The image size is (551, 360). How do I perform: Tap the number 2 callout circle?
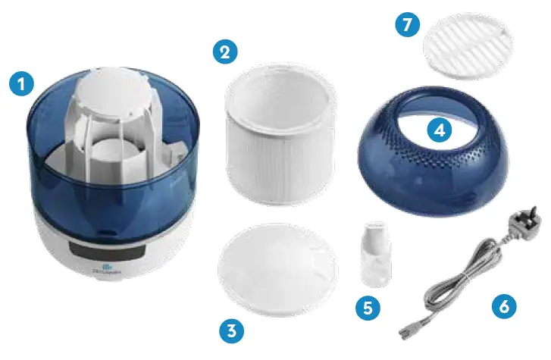coord(224,52)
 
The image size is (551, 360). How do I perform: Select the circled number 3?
coord(232,330)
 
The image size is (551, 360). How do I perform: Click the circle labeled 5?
coord(368,308)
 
